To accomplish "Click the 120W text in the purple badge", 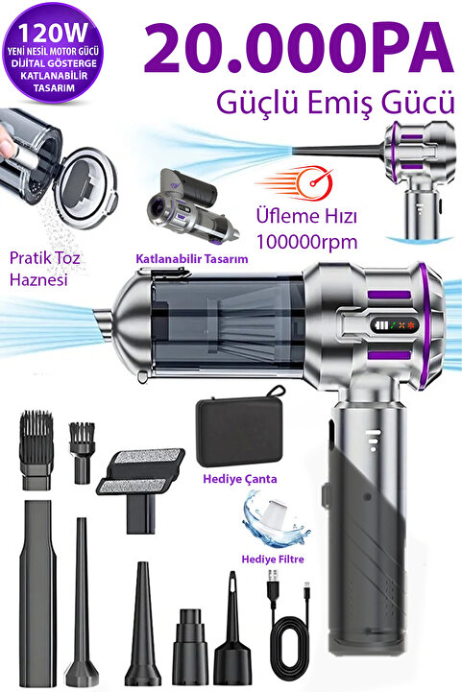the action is point(53,33).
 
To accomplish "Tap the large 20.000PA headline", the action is point(299,50).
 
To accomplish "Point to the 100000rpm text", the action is point(306,242).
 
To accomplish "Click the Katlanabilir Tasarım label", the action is point(192,258).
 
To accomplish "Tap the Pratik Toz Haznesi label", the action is point(44,269).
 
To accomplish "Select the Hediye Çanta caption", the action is point(240,479).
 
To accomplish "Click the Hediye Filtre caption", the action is point(273,560).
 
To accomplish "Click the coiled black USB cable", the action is point(287,627).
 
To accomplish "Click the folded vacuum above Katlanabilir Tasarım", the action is point(193,206).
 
